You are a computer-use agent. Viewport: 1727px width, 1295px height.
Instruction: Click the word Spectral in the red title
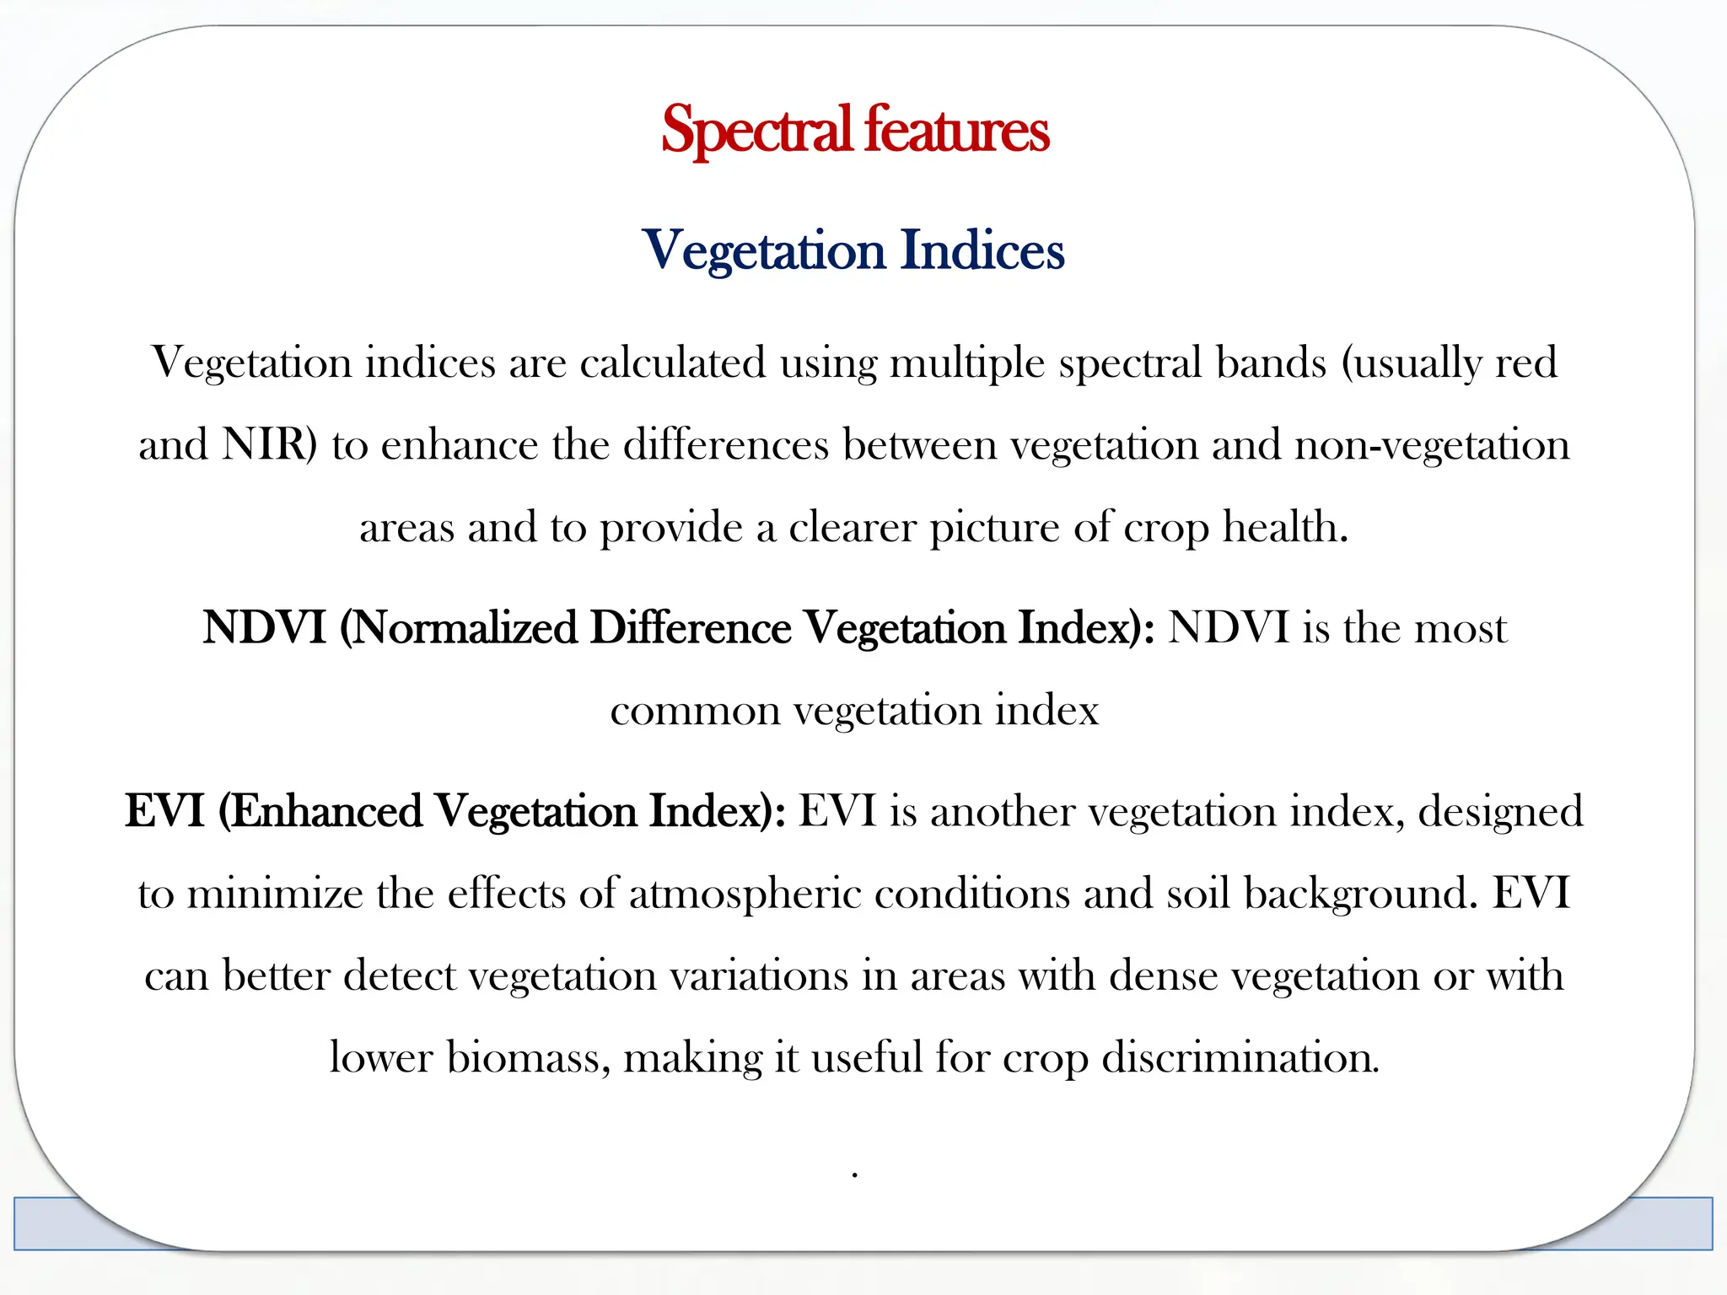[x=756, y=131]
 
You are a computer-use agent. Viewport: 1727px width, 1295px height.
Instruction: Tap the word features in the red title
[x=956, y=131]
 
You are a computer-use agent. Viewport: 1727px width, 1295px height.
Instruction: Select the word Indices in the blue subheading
[x=982, y=250]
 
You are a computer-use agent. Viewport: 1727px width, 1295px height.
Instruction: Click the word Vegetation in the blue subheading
[x=763, y=250]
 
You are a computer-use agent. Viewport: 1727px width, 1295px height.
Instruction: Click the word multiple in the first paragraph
[x=967, y=363]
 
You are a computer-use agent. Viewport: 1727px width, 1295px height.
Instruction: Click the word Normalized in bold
[x=462, y=628]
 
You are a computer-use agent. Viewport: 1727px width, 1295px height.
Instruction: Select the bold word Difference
[x=690, y=628]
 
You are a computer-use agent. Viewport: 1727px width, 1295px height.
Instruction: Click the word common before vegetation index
[x=694, y=711]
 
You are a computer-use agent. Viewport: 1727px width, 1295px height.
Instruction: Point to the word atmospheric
[x=745, y=893]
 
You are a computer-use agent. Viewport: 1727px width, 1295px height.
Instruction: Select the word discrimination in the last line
[x=1240, y=1057]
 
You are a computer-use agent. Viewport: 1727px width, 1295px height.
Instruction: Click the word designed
[x=1500, y=811]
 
